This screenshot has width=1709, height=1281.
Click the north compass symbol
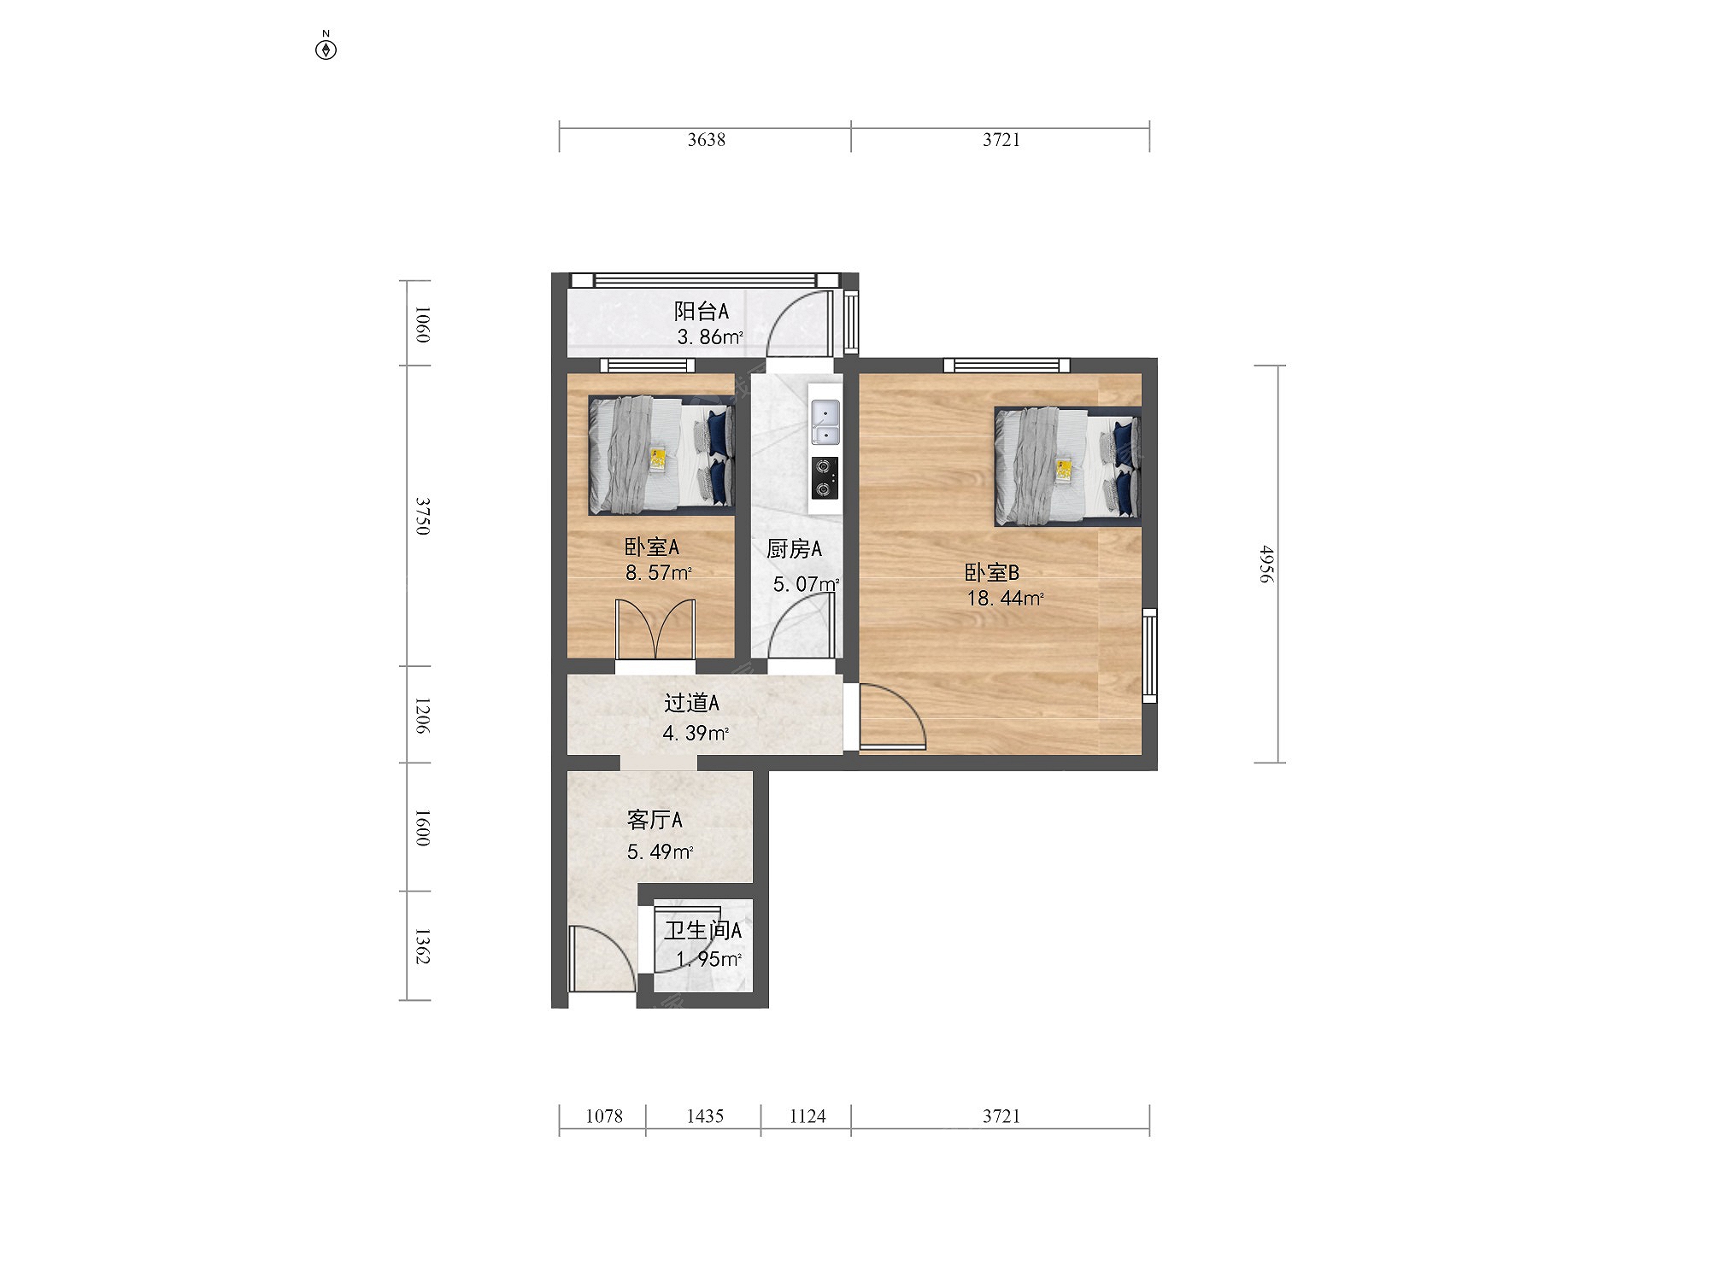326,48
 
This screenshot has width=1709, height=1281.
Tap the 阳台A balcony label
701,311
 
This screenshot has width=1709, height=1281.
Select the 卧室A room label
651,547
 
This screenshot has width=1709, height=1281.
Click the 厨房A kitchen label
794,549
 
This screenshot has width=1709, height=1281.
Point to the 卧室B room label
991,573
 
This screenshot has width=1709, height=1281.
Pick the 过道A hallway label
691,703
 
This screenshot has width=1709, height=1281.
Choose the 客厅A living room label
655,820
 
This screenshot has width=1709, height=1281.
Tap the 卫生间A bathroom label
702,930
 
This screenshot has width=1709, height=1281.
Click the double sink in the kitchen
825,423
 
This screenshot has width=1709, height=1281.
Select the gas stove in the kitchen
825,478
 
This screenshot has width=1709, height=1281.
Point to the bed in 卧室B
1067,465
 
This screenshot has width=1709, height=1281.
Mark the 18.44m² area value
1005,599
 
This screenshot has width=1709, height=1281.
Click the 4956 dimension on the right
1266,564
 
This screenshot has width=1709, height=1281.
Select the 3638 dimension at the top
706,139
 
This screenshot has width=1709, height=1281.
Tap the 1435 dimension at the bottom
705,1116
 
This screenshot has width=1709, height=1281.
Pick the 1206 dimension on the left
421,715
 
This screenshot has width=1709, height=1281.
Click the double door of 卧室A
655,629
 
